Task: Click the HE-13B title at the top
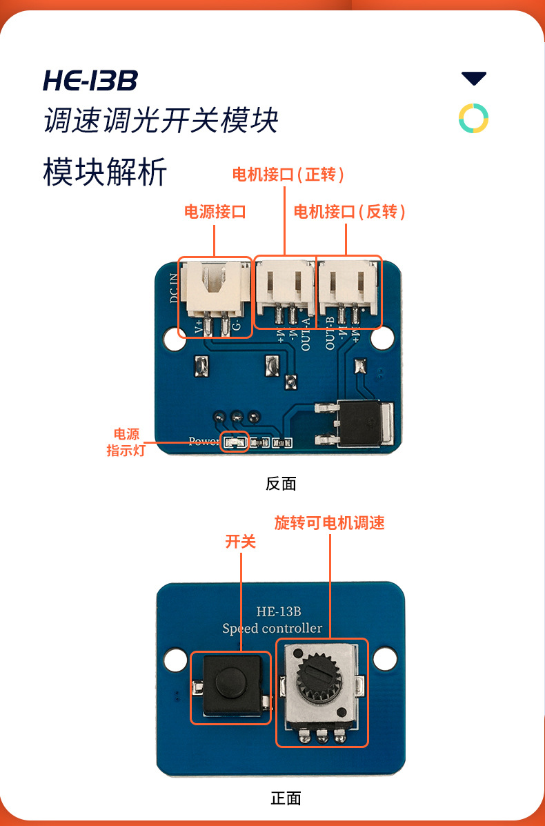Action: pyautogui.click(x=90, y=81)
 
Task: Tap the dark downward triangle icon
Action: pyautogui.click(x=474, y=79)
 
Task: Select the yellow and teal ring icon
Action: pyautogui.click(x=474, y=119)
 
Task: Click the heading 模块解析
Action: pyautogui.click(x=105, y=172)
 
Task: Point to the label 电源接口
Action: pyautogui.click(x=215, y=211)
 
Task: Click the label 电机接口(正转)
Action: pyautogui.click(x=288, y=175)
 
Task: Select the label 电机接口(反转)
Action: pyautogui.click(x=349, y=211)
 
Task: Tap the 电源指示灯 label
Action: pyautogui.click(x=126, y=442)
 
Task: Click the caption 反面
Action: pyautogui.click(x=281, y=484)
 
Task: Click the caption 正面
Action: pyautogui.click(x=286, y=798)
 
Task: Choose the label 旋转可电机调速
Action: pyautogui.click(x=329, y=522)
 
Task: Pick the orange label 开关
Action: pyautogui.click(x=241, y=542)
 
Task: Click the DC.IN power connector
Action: pyautogui.click(x=215, y=293)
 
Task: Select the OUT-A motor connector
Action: pyautogui.click(x=286, y=290)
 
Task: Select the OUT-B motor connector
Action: pyautogui.click(x=348, y=290)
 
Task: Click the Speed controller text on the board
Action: pyautogui.click(x=272, y=628)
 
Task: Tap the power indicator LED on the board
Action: pyautogui.click(x=234, y=442)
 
